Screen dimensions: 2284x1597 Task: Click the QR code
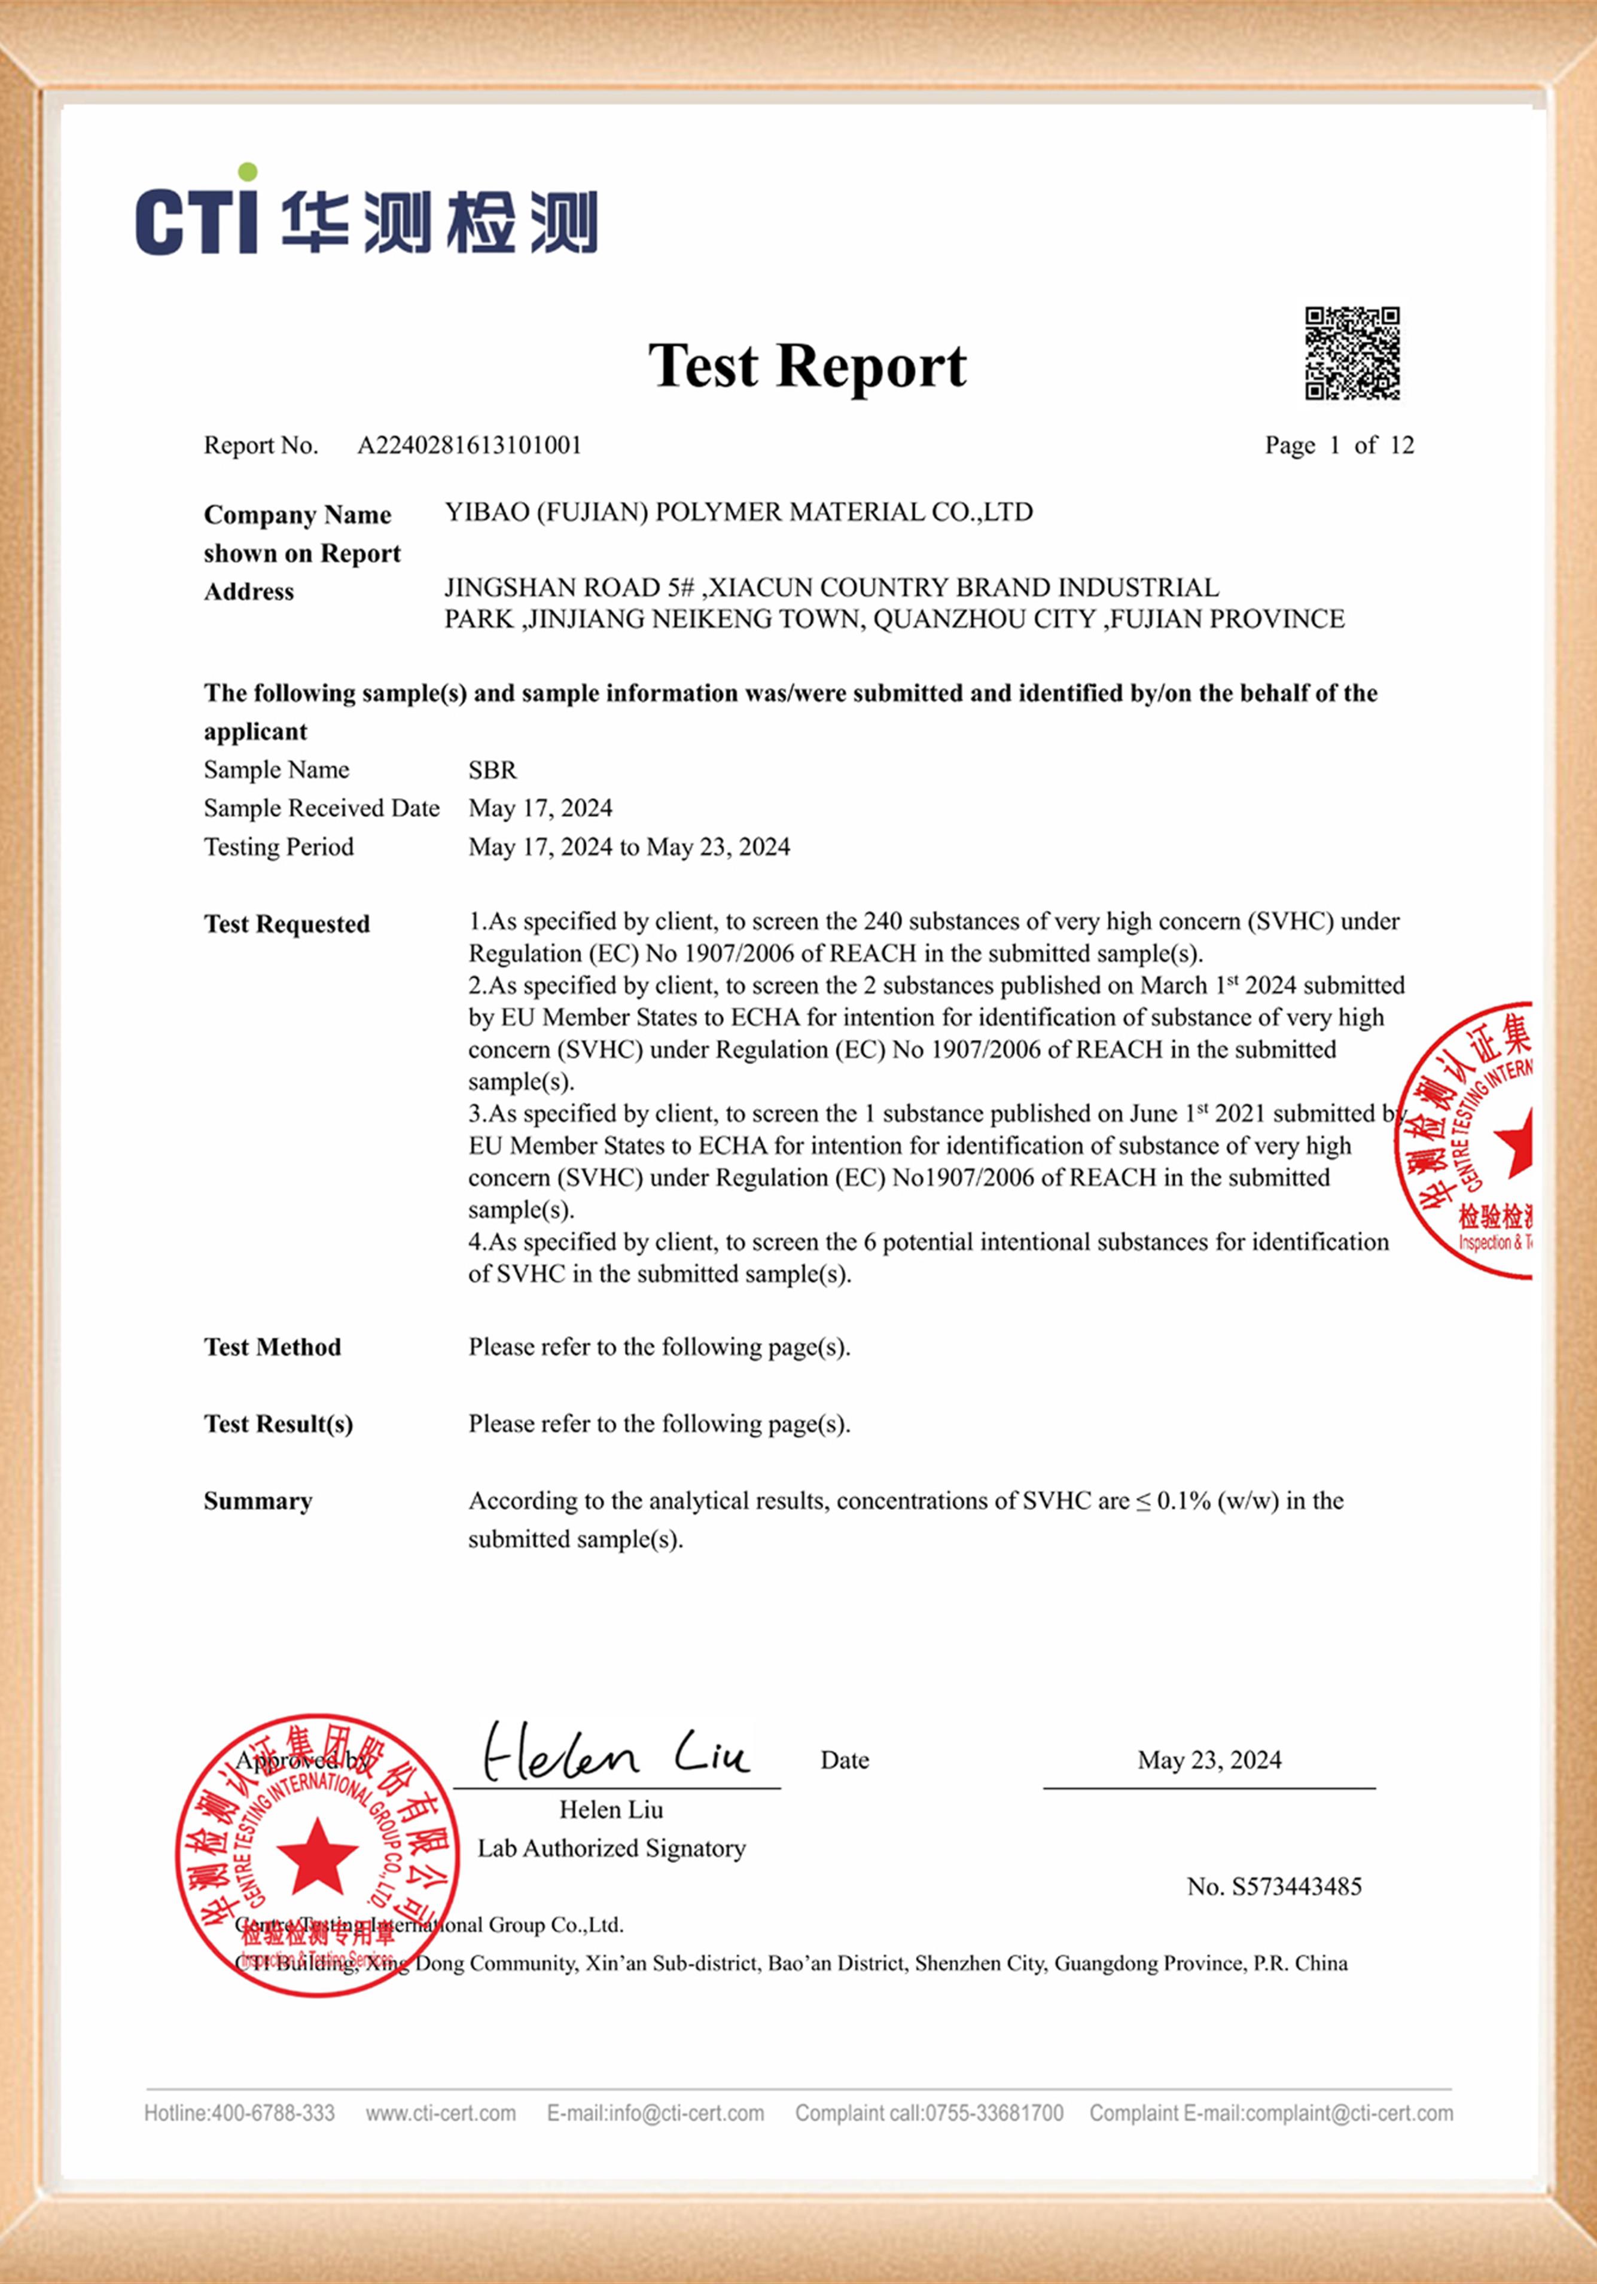(x=1352, y=353)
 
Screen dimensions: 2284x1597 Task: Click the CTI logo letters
(x=197, y=217)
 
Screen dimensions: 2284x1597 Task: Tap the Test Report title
(x=807, y=366)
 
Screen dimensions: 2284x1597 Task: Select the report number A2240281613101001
(x=469, y=445)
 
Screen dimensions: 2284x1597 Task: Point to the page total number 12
(x=1401, y=445)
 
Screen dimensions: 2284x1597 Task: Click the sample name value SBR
(x=492, y=770)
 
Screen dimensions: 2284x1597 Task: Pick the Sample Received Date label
(x=321, y=808)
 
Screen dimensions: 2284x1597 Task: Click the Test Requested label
(x=287, y=924)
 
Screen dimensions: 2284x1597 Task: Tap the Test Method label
(x=273, y=1347)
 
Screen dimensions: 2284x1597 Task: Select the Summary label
(x=258, y=1501)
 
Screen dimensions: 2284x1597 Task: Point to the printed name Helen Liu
(x=611, y=1809)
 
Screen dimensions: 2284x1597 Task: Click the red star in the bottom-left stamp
(x=316, y=1855)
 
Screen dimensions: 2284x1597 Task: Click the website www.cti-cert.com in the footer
(x=441, y=2113)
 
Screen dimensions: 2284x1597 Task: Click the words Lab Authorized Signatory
(x=611, y=1848)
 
